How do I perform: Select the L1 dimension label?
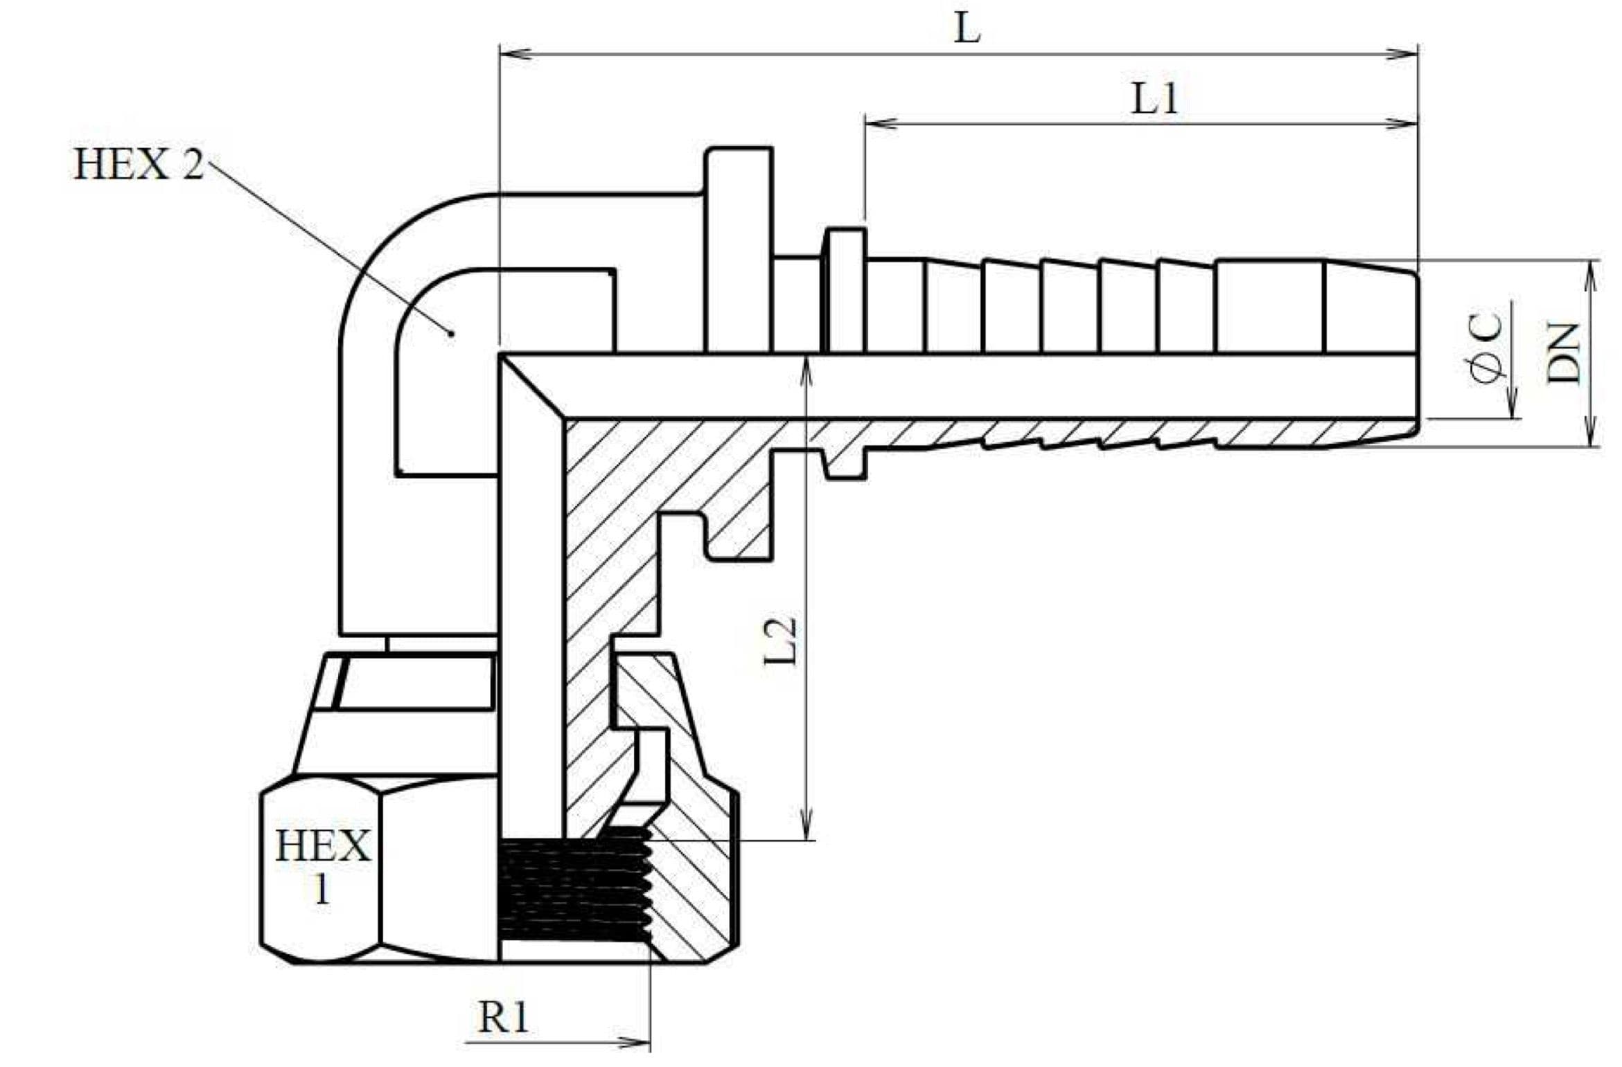pyautogui.click(x=1154, y=99)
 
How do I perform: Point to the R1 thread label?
pyautogui.click(x=503, y=1017)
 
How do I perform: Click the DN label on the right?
pyautogui.click(x=1564, y=352)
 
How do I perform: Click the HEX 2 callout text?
pyautogui.click(x=139, y=165)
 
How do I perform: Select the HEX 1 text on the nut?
pyautogui.click(x=322, y=865)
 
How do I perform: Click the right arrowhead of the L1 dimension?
pyautogui.click(x=1404, y=124)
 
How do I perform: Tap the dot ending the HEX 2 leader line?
pyautogui.click(x=451, y=333)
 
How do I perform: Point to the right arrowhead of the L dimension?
pyautogui.click(x=1404, y=53)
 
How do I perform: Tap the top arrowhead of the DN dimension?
pyautogui.click(x=1592, y=273)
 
